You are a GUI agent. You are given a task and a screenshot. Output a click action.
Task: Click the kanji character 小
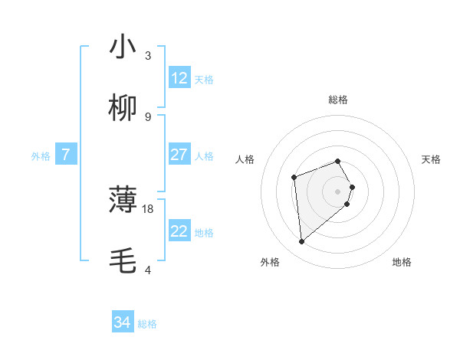(x=123, y=47)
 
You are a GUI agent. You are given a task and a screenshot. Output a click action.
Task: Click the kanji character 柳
(x=123, y=108)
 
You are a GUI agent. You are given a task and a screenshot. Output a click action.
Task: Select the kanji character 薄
(x=123, y=200)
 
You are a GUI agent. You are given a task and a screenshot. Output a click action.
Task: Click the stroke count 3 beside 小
(x=148, y=55)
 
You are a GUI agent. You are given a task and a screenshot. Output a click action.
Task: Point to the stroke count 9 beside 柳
(x=148, y=116)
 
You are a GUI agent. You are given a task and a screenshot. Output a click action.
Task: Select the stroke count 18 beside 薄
(x=148, y=208)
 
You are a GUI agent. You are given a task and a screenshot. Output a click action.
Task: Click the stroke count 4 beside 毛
(x=148, y=270)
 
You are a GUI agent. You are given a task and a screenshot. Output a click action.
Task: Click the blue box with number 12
(x=179, y=78)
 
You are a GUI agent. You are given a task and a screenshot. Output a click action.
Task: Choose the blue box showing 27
(x=179, y=155)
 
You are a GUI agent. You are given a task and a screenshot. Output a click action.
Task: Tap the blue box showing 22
(x=179, y=231)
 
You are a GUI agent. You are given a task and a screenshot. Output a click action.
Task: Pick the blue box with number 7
(x=66, y=155)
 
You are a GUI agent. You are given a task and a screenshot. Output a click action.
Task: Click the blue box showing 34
(x=123, y=323)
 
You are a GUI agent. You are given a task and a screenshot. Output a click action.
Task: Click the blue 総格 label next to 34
(x=147, y=324)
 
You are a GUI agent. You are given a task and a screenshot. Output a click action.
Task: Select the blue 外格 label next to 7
(x=41, y=155)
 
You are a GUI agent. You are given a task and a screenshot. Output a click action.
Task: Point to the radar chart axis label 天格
(x=431, y=159)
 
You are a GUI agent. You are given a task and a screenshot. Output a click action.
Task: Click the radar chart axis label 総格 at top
(x=338, y=100)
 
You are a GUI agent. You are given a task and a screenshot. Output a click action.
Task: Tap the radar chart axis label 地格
(x=402, y=262)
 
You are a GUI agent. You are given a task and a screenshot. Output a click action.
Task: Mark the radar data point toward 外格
(x=302, y=242)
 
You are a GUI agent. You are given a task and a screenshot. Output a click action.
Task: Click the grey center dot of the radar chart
(x=338, y=191)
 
